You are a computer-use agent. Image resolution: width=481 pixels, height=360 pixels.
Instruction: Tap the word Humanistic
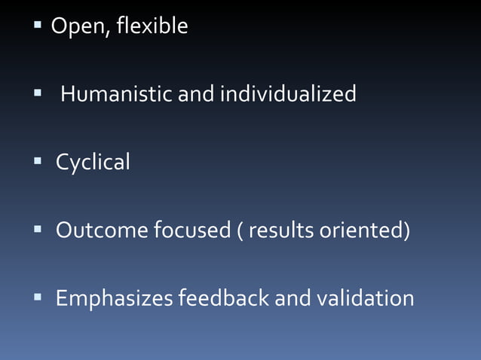[116, 95]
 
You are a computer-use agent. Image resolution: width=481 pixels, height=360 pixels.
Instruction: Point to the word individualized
[287, 95]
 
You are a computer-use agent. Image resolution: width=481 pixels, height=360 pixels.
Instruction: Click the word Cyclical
[93, 162]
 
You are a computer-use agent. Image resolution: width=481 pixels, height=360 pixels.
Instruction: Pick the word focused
[191, 230]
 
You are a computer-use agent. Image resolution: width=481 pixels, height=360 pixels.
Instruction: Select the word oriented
[363, 230]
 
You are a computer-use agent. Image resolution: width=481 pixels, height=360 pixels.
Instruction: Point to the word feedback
[223, 299]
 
